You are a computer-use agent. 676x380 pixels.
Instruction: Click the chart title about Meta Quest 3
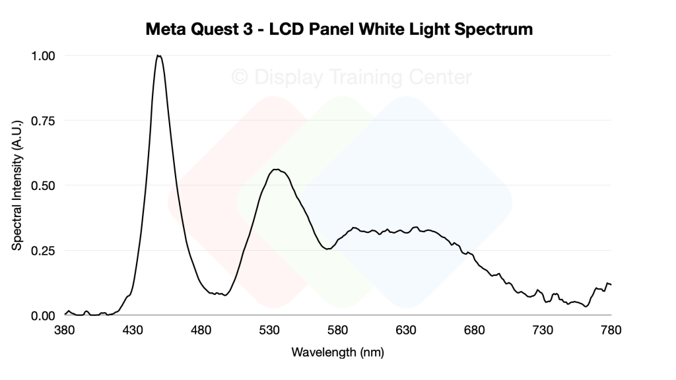coord(338,30)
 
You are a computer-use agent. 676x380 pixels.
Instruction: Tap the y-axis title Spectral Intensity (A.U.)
coord(17,185)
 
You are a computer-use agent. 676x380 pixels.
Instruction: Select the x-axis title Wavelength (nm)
coord(337,352)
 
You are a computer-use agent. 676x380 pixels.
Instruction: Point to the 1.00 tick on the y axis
coord(43,56)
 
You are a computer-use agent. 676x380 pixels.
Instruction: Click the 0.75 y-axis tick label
coord(43,121)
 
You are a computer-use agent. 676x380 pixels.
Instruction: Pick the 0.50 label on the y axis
coord(43,185)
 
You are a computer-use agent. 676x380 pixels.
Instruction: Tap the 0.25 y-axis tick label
coord(43,251)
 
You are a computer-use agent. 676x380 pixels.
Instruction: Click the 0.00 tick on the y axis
coord(43,315)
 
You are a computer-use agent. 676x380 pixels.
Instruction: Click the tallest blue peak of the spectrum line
coord(158,56)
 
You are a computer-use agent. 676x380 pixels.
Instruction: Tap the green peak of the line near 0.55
coord(277,170)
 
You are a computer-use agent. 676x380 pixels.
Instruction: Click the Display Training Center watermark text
coord(352,78)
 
